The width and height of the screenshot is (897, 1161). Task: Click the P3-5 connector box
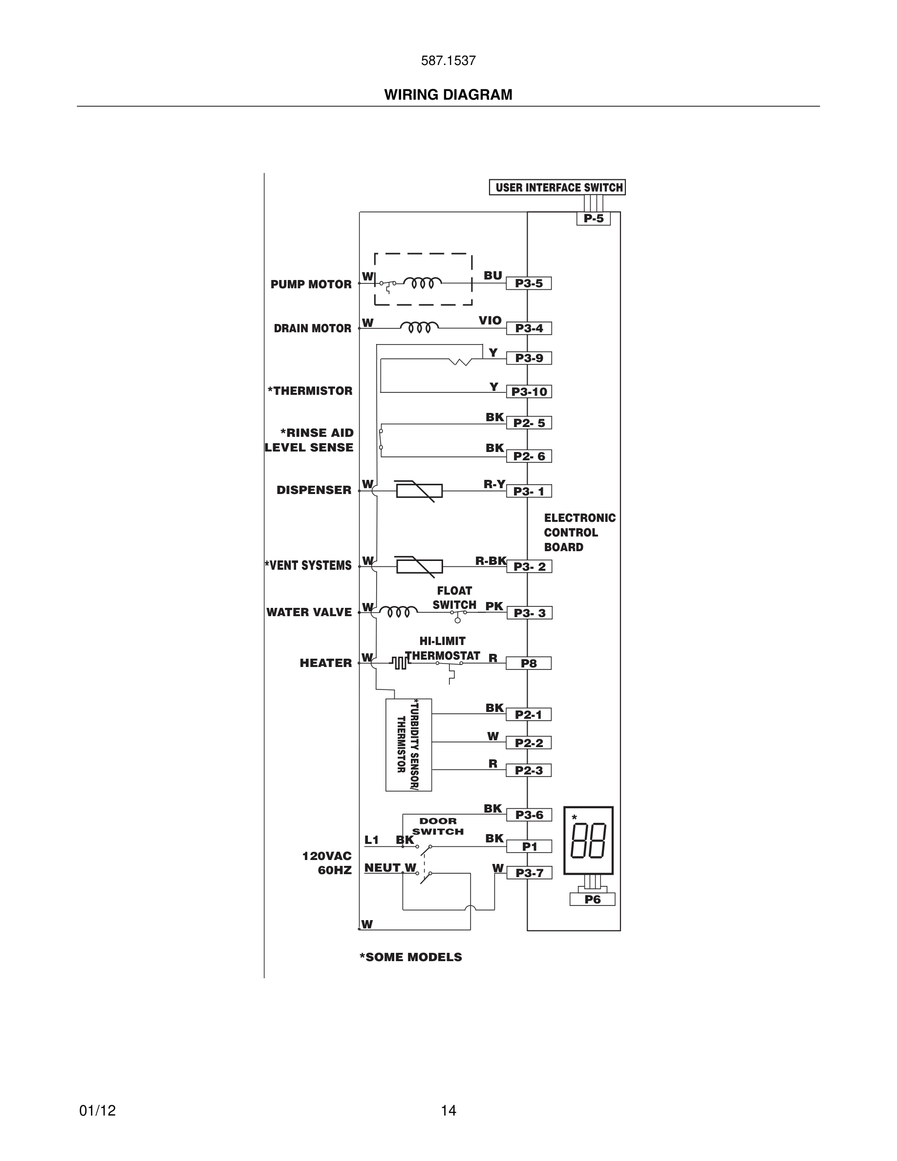528,283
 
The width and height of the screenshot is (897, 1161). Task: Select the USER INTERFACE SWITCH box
557,188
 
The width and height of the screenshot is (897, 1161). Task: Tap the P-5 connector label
593,218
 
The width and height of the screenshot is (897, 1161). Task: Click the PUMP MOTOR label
311,284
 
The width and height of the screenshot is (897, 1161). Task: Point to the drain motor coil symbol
419,326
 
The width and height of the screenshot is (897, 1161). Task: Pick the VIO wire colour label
490,321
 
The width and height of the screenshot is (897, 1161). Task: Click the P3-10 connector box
529,392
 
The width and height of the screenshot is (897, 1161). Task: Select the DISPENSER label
314,490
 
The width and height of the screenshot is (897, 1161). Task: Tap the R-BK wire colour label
490,560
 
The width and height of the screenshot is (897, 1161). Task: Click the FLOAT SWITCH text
454,598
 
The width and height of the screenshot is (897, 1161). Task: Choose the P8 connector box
528,664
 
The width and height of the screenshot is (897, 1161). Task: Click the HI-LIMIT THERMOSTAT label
442,648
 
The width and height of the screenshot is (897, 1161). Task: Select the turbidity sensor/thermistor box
408,745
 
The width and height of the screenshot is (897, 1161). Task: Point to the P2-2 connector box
528,743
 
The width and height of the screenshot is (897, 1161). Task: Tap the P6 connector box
592,900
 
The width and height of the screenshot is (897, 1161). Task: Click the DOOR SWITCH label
437,826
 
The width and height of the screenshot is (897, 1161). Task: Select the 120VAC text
327,856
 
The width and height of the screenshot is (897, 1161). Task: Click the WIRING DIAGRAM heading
448,95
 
